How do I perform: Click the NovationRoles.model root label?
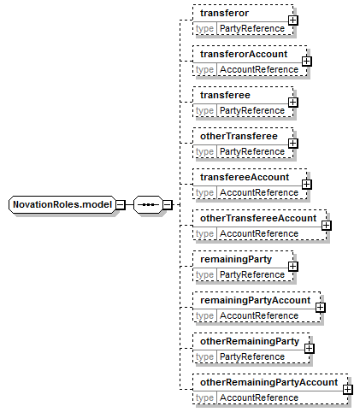tap(62, 204)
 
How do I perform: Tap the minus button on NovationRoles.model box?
tap(121, 204)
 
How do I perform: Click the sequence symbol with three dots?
tap(148, 204)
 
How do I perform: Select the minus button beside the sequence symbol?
tap(168, 204)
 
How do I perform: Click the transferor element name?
tap(224, 13)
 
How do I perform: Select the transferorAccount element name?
tap(244, 54)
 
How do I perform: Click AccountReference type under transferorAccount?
tap(259, 69)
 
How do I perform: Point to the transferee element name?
tap(225, 95)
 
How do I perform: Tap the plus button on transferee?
tap(293, 103)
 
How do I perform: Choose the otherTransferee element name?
tap(239, 136)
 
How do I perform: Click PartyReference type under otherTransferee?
tap(252, 151)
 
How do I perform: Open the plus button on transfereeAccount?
tap(307, 185)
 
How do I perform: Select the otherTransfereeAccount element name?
tap(258, 218)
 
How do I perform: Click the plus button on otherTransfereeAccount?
tap(327, 226)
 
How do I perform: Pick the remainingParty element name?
tap(236, 259)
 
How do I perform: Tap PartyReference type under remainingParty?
tap(252, 274)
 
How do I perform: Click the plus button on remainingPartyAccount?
tap(321, 308)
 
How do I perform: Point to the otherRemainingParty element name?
tap(250, 341)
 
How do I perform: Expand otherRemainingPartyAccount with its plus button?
tap(348, 390)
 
